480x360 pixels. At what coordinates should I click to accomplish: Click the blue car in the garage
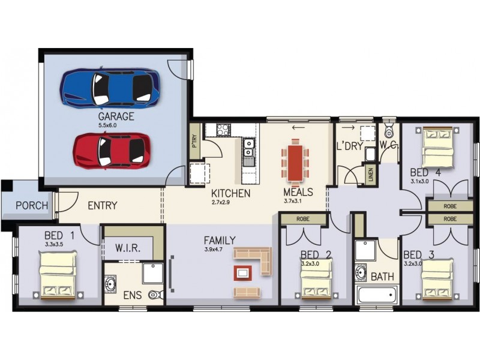click(110, 88)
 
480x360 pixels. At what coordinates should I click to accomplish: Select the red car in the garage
click(112, 150)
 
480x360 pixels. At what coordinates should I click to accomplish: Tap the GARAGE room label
click(116, 116)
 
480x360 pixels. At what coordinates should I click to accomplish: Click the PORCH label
click(32, 206)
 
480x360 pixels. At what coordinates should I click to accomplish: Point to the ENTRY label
click(103, 206)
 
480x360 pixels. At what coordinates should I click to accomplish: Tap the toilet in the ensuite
click(155, 295)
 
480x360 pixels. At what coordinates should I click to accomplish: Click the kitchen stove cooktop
click(224, 128)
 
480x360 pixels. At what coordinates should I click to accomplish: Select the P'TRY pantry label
click(194, 142)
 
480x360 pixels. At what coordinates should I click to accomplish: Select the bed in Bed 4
click(439, 147)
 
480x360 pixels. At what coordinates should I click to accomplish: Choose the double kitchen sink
click(248, 148)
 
